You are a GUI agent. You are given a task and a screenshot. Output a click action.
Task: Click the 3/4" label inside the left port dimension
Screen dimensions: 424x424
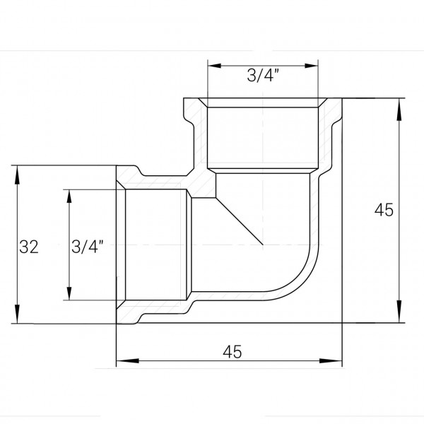click(x=88, y=247)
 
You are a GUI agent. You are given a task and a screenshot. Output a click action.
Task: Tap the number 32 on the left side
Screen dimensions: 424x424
click(x=28, y=247)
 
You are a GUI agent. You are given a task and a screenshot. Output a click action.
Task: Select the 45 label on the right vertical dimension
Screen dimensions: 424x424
click(x=384, y=210)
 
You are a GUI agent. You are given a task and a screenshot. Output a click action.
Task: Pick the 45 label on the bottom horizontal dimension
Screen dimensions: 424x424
click(x=231, y=352)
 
